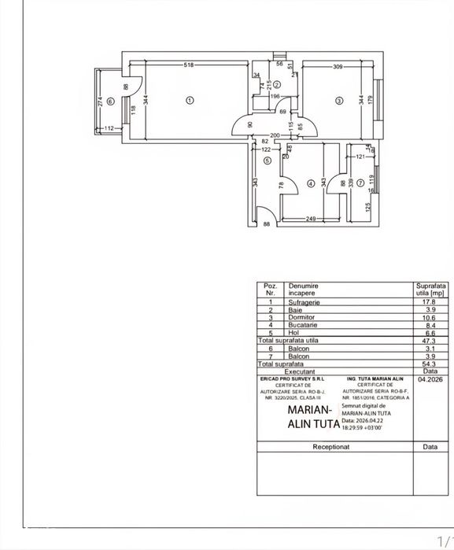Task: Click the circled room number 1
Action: (190, 100)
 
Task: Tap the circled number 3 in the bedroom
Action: (338, 100)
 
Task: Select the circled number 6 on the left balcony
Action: (111, 101)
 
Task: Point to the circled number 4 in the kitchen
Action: (311, 184)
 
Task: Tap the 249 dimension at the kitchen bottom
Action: (310, 219)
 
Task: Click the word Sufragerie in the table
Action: (306, 301)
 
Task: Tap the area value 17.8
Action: (429, 301)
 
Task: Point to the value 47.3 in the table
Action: (429, 341)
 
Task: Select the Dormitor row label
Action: (303, 317)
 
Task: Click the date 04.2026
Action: (429, 379)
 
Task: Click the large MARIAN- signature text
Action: (309, 410)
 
